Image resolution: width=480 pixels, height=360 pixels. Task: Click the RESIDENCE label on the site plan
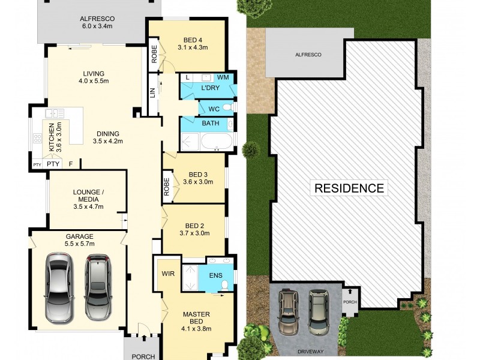(349, 188)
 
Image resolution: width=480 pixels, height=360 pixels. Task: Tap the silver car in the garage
(60, 286)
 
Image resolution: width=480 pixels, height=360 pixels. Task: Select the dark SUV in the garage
(98, 287)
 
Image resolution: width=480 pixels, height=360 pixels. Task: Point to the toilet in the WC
(226, 107)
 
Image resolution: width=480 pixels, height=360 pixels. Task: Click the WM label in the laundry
(223, 77)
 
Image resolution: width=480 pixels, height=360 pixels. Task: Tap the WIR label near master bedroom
(167, 272)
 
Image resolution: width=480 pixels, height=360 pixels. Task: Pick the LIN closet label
(152, 94)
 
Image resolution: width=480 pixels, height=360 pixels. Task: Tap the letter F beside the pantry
(70, 163)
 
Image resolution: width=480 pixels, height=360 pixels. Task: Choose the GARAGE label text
(79, 236)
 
